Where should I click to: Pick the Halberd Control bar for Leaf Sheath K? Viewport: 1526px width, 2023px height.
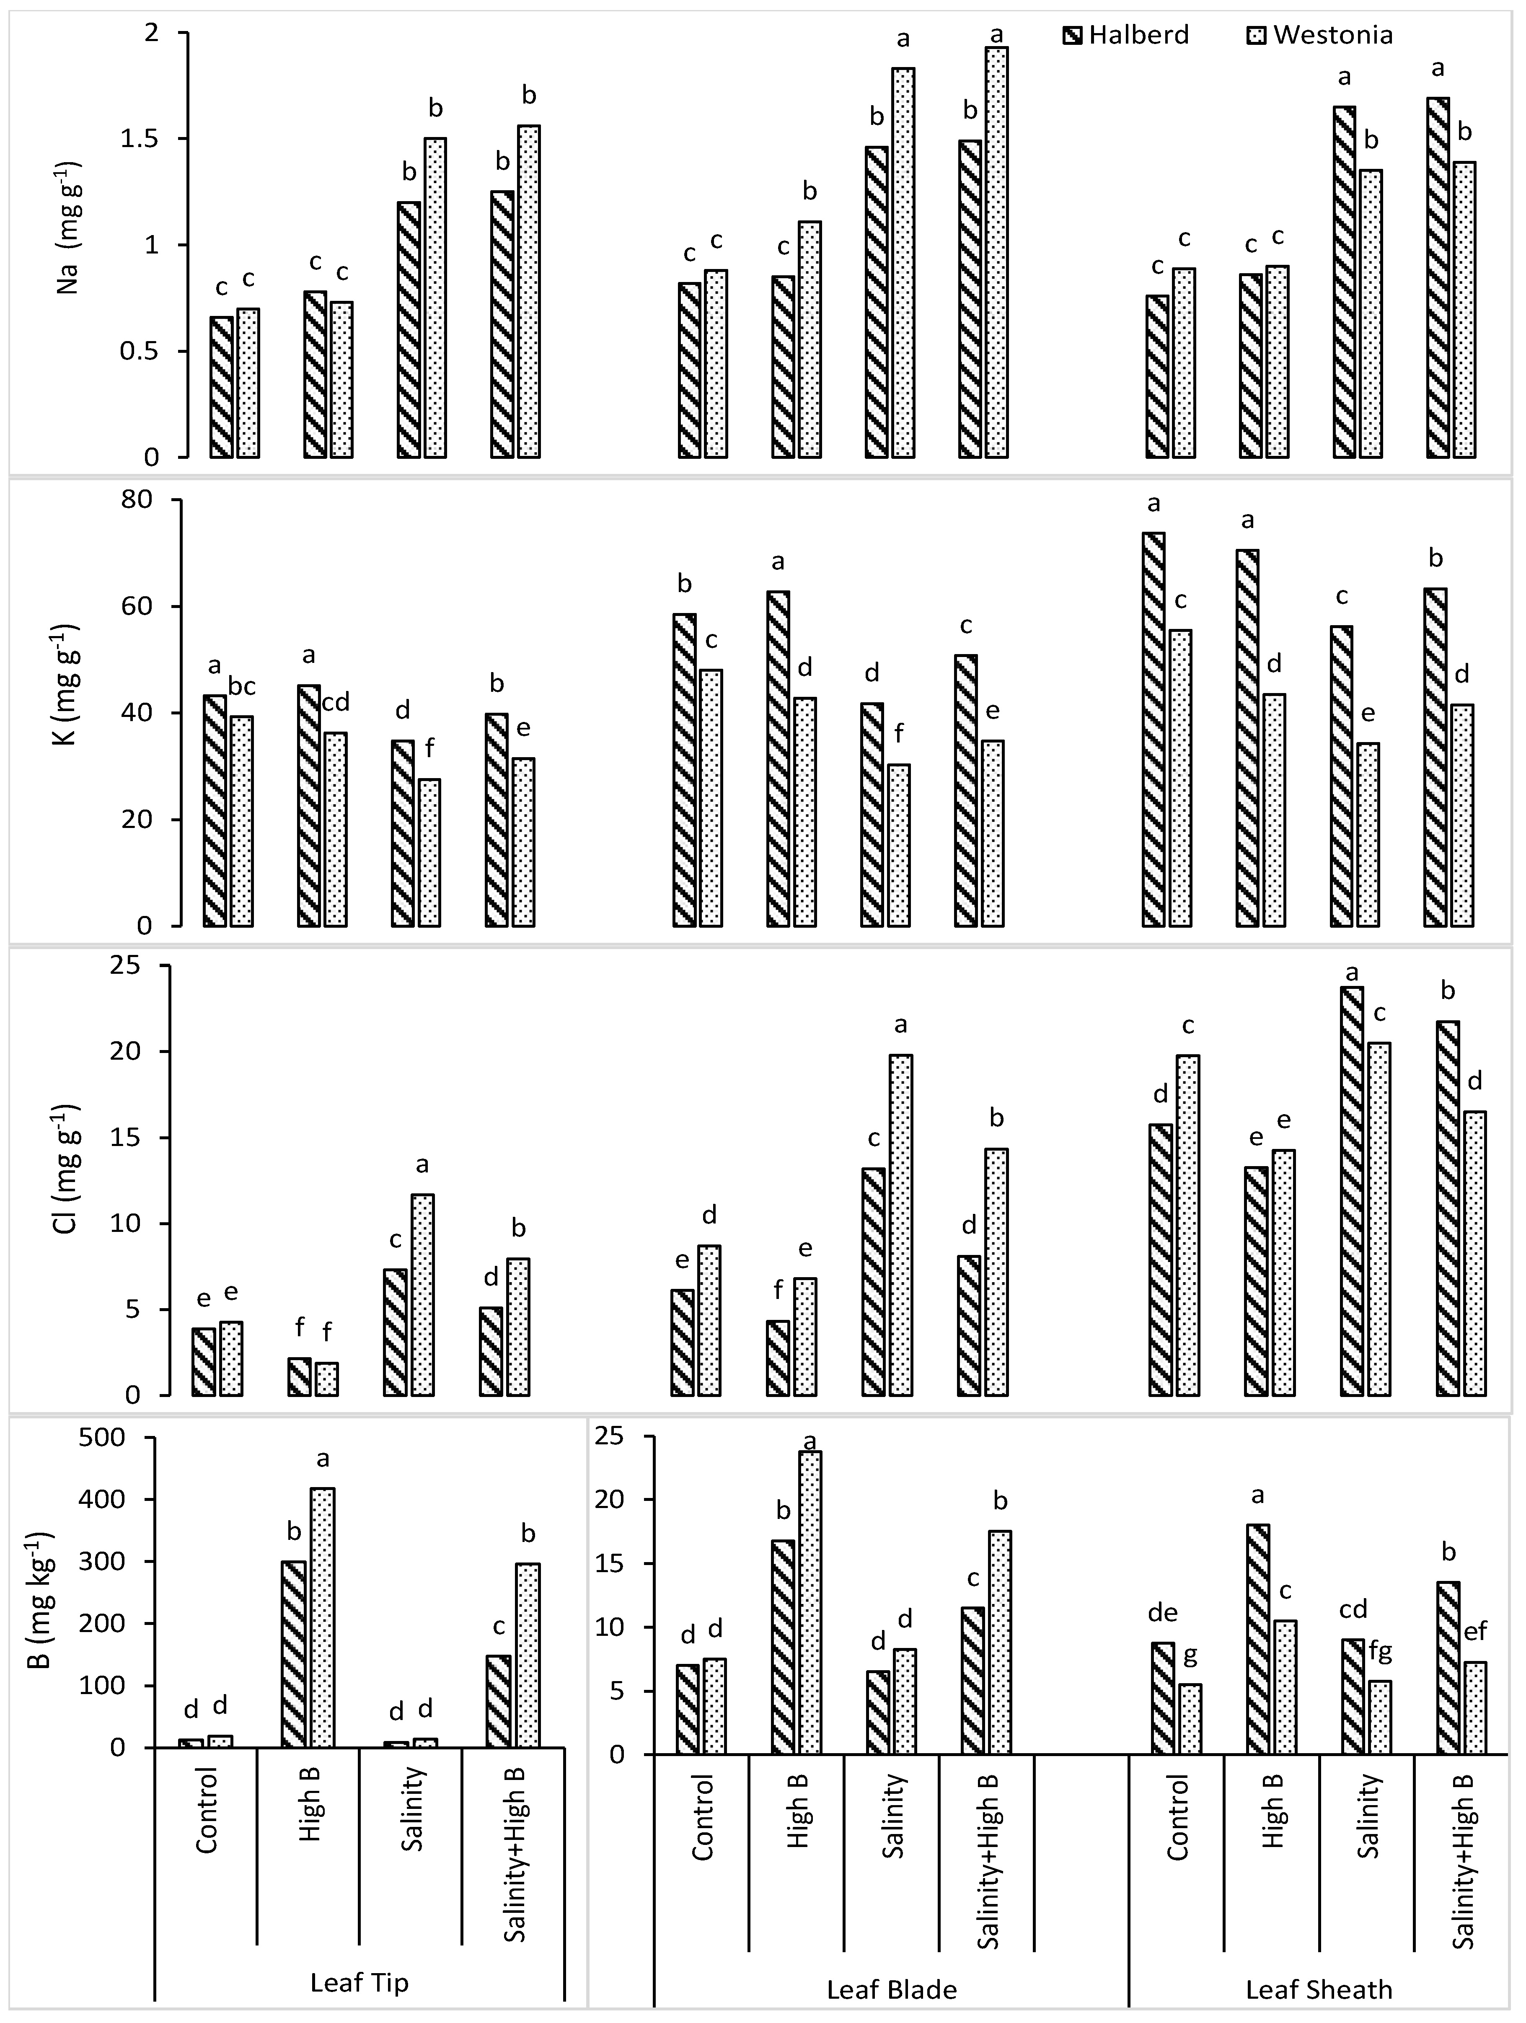click(x=1154, y=729)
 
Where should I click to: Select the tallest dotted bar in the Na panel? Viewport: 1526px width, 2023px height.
click(x=997, y=251)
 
